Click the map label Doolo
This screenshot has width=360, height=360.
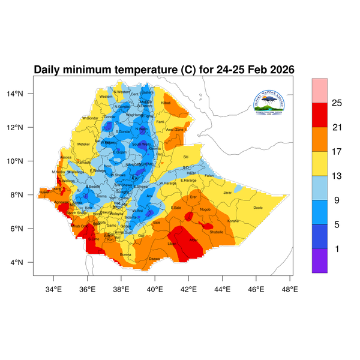pyautogui.click(x=258, y=208)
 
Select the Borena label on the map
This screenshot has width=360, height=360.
pyautogui.click(x=125, y=254)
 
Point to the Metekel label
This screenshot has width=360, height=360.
pyautogui.click(x=83, y=144)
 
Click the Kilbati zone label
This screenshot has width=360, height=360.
pyautogui.click(x=166, y=104)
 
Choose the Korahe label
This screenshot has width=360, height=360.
pyautogui.click(x=233, y=221)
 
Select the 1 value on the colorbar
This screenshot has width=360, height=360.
pyautogui.click(x=337, y=248)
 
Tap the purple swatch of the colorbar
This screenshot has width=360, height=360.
pyautogui.click(x=319, y=260)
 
